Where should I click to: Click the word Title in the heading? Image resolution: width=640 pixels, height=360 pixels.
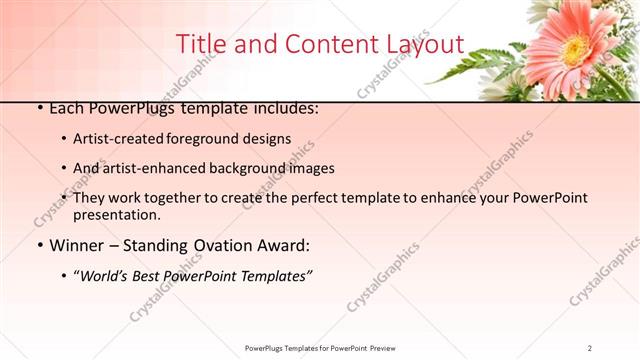pyautogui.click(x=199, y=45)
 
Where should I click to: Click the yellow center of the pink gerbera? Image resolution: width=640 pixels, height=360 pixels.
pyautogui.click(x=573, y=48)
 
